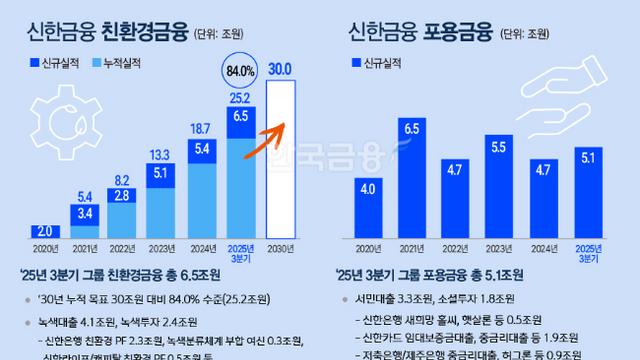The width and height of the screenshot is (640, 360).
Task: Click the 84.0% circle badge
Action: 239,72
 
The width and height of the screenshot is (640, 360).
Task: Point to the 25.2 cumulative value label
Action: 239,98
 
